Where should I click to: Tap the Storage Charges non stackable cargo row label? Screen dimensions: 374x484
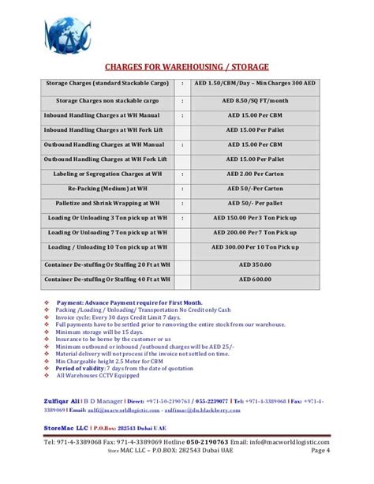[x=104, y=101]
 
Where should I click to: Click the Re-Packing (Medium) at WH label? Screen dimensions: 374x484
[x=104, y=189]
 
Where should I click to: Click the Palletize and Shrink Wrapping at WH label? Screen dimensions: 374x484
[x=104, y=203]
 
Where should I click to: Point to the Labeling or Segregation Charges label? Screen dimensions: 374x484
[x=104, y=174]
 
